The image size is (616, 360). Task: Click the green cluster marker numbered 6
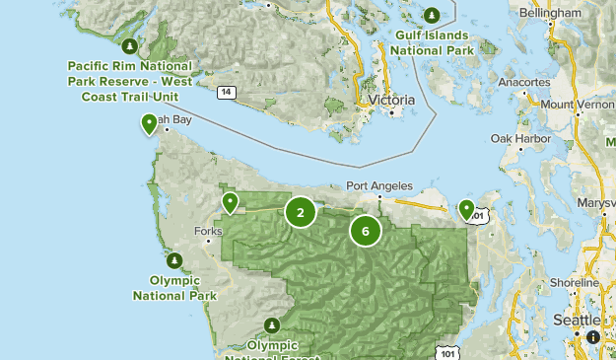click(x=365, y=232)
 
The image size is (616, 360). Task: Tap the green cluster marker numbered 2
click(x=301, y=211)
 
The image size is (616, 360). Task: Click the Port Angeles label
click(x=377, y=185)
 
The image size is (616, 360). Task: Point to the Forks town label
click(x=208, y=232)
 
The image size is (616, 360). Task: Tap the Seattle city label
click(x=577, y=321)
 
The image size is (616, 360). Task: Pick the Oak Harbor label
click(x=517, y=138)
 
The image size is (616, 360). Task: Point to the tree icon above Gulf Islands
click(x=433, y=15)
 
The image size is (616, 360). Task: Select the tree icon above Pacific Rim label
click(x=129, y=45)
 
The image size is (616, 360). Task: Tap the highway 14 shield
click(x=227, y=92)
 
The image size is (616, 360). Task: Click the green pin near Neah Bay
click(x=149, y=123)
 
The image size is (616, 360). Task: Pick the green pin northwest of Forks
click(x=230, y=202)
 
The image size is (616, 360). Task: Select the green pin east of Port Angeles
click(x=466, y=208)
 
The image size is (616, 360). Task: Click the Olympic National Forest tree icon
click(x=272, y=325)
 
